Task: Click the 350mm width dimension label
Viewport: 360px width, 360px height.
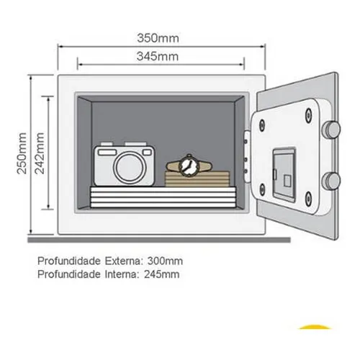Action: point(158,38)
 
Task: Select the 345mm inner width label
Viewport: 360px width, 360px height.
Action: point(158,56)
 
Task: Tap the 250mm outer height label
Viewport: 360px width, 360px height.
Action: point(22,153)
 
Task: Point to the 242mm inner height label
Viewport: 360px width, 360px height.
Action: point(40,153)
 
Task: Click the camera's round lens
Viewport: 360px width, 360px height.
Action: point(130,167)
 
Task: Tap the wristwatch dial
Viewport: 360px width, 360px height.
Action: point(189,166)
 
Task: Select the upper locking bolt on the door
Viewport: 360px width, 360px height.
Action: point(331,130)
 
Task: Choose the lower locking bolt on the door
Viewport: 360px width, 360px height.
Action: point(331,181)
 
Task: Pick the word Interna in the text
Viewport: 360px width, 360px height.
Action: point(122,274)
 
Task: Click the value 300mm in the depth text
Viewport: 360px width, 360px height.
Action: point(165,261)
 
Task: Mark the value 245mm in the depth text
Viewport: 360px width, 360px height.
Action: point(162,274)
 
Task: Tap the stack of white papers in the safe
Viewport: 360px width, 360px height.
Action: point(163,197)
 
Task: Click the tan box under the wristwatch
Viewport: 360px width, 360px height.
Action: point(197,179)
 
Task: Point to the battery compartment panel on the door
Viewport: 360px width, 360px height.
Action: point(284,174)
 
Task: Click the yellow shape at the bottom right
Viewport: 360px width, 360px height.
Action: point(315,327)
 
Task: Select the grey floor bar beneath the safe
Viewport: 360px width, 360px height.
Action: point(159,240)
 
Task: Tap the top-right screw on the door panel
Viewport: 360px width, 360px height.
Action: point(308,114)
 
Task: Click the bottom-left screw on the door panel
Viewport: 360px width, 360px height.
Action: point(262,189)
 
